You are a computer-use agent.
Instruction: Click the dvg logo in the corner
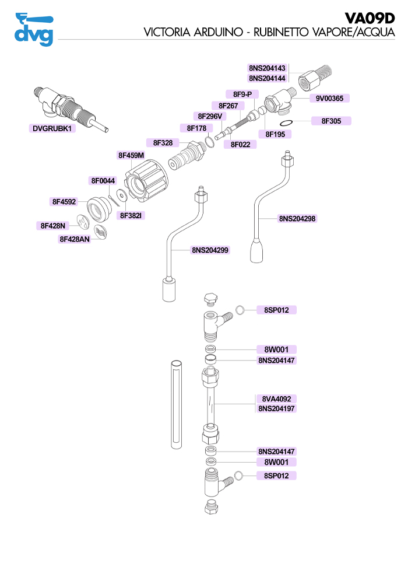34,29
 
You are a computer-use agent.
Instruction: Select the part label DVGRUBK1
53,128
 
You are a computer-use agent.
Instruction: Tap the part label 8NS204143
267,68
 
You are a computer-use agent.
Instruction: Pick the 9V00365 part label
329,98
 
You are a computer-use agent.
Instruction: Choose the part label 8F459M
131,155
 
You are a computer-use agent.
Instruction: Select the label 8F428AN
75,239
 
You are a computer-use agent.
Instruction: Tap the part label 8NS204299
210,250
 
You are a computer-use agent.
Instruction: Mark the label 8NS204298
297,219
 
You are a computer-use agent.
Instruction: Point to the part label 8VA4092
277,399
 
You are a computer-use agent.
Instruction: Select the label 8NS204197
277,409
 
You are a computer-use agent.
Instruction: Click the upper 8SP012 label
276,310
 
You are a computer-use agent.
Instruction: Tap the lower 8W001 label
276,462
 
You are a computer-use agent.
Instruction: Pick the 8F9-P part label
242,95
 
